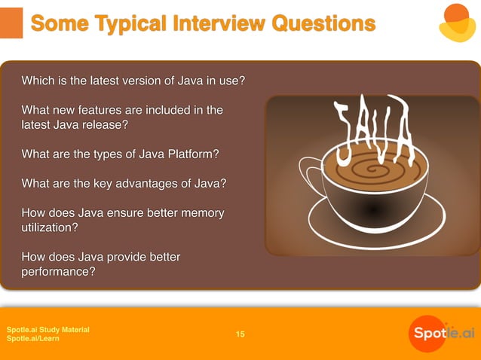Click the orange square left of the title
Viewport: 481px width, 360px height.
tap(11, 23)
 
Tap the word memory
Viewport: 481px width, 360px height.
tap(200, 213)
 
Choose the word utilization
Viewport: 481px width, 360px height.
tap(50, 227)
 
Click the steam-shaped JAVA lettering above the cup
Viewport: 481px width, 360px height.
tap(374, 129)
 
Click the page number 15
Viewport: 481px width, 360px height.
tap(240, 334)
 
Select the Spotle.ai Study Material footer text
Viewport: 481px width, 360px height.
tap(47, 330)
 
